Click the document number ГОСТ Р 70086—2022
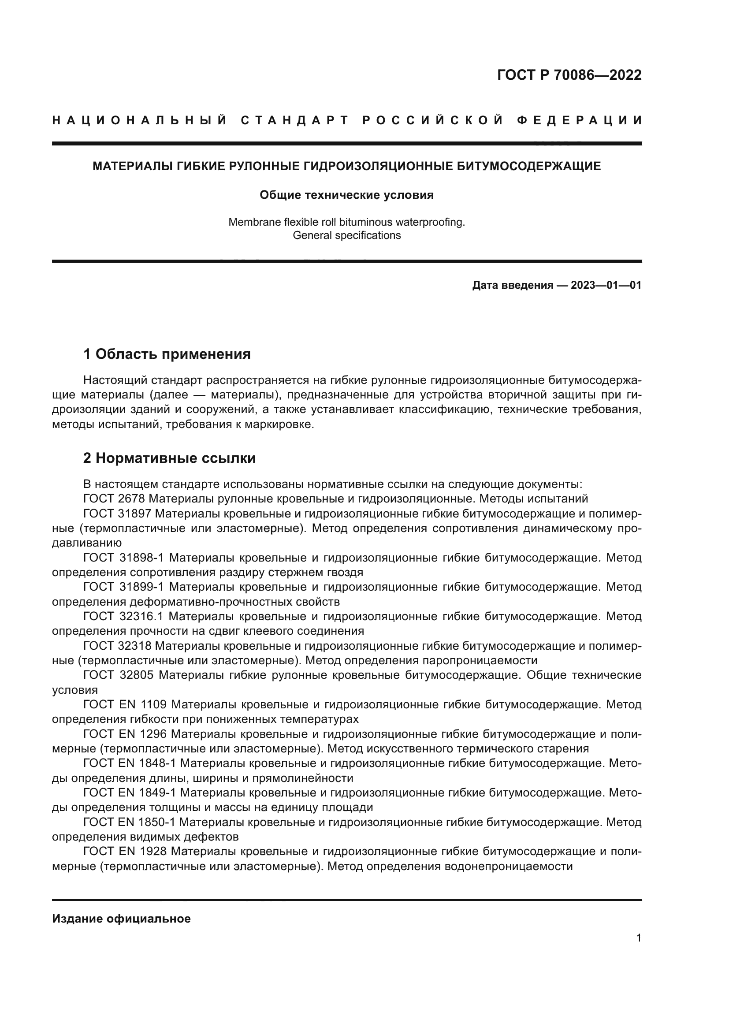tap(569, 75)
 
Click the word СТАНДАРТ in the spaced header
tap(295, 120)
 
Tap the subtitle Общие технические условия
tap(346, 195)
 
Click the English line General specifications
tap(346, 235)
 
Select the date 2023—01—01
tap(606, 285)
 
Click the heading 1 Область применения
tap(167, 354)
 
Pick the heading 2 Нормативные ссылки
tap(170, 458)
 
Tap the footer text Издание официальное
tap(121, 919)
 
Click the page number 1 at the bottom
tap(639, 938)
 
